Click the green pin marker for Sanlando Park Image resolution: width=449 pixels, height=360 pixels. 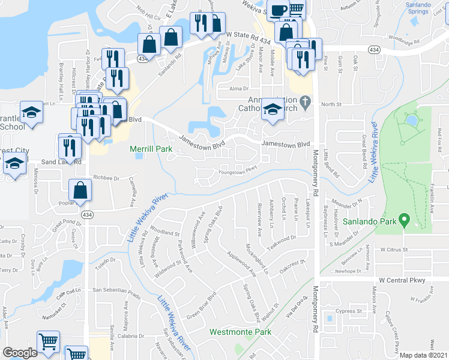(405, 221)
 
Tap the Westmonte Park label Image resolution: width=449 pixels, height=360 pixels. (240, 332)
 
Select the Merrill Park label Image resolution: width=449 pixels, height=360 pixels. (152, 149)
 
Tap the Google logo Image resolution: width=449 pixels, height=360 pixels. (20, 353)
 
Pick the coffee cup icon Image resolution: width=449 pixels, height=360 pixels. (279, 10)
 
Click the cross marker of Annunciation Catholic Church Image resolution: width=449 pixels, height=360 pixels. (306, 100)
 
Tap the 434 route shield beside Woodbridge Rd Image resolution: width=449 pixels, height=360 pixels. (374, 49)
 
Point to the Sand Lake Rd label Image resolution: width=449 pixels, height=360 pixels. (60, 162)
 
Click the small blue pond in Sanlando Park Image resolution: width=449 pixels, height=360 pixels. (411, 120)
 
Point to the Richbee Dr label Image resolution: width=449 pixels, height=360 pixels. (106, 178)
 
